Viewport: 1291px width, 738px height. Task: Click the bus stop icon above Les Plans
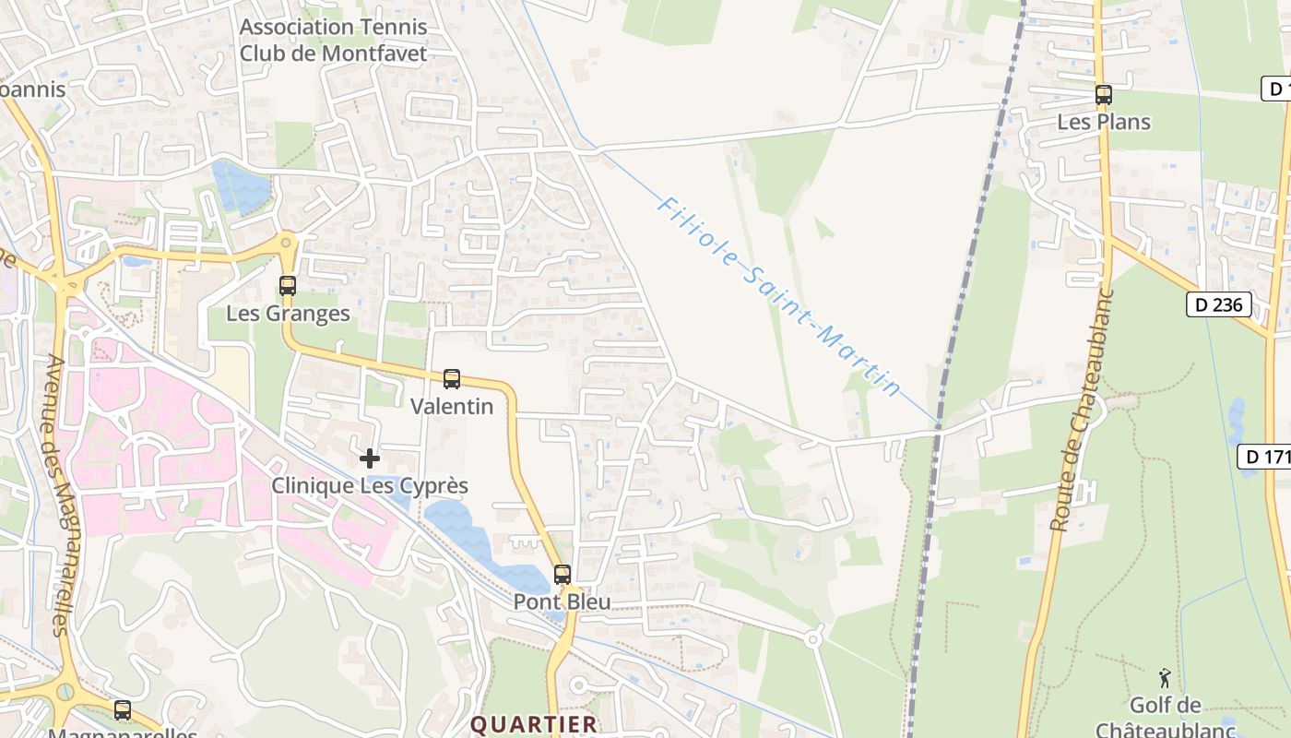1103,94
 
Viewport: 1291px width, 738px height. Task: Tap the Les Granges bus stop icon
288,286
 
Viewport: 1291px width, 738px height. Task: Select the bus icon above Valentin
452,378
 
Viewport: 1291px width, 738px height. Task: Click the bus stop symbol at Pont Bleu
563,575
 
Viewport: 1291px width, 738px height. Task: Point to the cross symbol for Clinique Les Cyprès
370,458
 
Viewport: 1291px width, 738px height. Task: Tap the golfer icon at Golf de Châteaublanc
1165,678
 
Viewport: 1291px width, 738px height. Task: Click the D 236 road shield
1219,304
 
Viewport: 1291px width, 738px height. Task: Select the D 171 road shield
1264,456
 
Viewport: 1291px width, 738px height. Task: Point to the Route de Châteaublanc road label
1083,411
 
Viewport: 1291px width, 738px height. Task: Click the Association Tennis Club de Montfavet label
333,40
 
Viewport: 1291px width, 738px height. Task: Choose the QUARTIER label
534,724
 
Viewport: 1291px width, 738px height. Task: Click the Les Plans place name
1104,122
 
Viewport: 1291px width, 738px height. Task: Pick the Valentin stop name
452,406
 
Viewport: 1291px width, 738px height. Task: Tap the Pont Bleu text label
563,602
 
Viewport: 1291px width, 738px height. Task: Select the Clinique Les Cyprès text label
370,485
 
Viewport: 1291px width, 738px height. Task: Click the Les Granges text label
288,314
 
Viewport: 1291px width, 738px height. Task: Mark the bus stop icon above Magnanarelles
123,710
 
